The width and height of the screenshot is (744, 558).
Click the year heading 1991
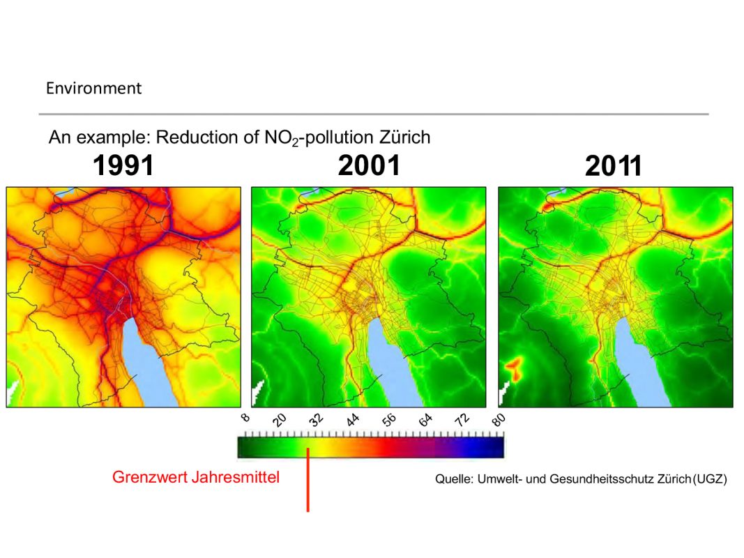[123, 166]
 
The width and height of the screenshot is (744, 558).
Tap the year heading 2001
[369, 166]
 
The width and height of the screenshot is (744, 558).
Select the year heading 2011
[614, 167]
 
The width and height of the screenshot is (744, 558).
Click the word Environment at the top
[93, 89]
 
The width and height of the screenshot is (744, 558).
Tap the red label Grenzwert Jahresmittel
[196, 478]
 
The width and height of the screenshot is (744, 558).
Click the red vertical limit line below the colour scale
[308, 488]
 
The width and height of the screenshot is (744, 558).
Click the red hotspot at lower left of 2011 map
[514, 368]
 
